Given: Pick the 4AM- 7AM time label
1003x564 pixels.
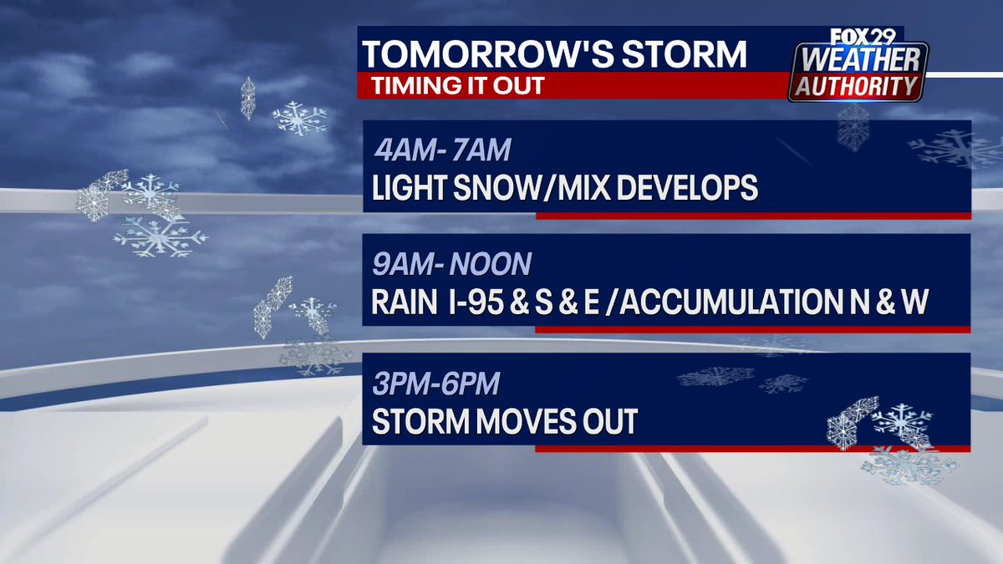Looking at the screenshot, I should click(x=440, y=152).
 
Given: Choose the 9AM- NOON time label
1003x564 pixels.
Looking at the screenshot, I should click(x=452, y=265).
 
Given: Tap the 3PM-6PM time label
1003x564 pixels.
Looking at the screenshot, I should click(x=436, y=384).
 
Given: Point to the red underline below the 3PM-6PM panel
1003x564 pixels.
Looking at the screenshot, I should click(x=752, y=449).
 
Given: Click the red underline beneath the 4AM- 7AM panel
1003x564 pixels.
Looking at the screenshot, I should click(x=752, y=216).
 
